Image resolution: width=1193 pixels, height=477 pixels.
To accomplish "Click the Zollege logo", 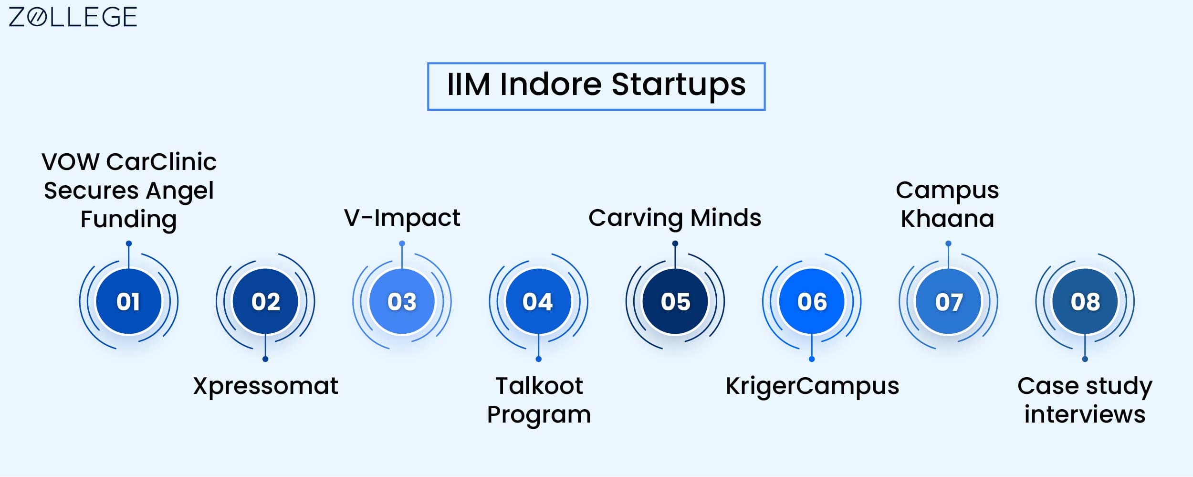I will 73,17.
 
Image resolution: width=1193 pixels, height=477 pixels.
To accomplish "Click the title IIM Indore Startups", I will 596,86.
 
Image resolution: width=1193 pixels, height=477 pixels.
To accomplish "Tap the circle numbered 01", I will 128,301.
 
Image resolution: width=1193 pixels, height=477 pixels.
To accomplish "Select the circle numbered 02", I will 265,301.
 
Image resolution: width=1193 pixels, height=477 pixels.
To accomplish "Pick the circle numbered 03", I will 402,301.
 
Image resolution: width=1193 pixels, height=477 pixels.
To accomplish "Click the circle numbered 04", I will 538,301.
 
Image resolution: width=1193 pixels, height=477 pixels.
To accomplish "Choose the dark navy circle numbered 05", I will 675,301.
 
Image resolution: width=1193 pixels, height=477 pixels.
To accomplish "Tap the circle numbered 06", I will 812,301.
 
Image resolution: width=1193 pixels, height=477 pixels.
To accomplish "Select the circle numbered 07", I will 948,301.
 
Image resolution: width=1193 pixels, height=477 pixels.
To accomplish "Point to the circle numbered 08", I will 1085,301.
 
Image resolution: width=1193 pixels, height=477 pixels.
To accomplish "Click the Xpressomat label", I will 265,386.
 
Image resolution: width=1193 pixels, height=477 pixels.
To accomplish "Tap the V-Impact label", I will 402,218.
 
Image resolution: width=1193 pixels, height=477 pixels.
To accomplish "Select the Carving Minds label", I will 675,218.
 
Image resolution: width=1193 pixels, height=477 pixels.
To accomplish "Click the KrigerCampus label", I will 812,386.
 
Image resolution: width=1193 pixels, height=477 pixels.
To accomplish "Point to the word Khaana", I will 947,219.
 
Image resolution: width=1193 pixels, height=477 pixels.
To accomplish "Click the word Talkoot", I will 539,386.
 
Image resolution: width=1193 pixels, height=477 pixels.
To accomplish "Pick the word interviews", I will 1085,414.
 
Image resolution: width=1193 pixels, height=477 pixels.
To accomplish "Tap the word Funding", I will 128,220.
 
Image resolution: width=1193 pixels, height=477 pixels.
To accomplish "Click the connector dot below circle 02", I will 265,359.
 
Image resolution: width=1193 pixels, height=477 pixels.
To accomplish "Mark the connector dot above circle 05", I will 675,244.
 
